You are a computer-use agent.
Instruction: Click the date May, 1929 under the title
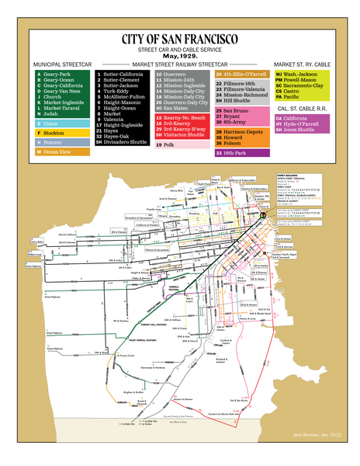(179, 57)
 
